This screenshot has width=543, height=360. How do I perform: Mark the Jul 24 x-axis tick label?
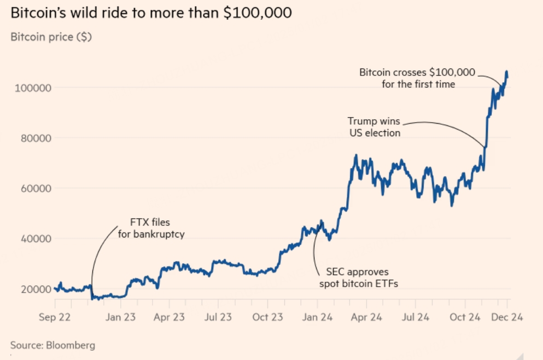click(416, 317)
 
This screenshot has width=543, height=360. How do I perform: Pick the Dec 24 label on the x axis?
click(507, 317)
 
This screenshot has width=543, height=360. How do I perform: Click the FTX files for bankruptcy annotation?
click(150, 229)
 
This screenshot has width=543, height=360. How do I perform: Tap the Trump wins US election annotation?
click(375, 126)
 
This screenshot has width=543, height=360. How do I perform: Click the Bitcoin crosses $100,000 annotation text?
click(418, 78)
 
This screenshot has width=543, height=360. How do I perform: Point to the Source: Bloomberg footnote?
click(52, 345)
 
